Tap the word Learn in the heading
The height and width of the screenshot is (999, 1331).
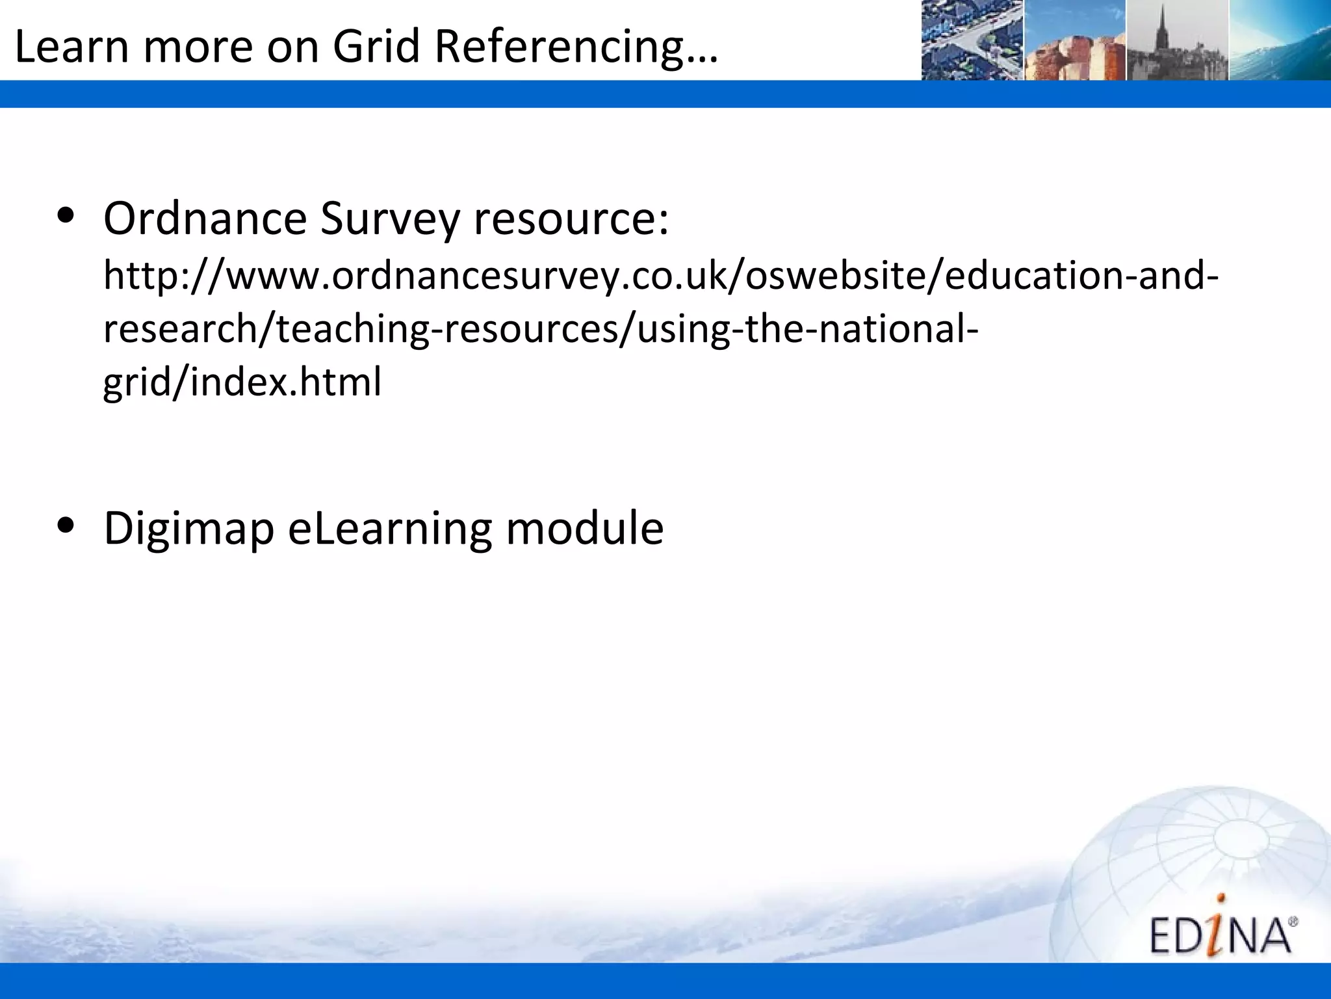[70, 47]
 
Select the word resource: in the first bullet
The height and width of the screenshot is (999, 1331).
[571, 220]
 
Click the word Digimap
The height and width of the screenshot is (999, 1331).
[188, 528]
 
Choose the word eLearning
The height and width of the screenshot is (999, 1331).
[389, 528]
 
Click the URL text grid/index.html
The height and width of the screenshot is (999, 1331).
[242, 382]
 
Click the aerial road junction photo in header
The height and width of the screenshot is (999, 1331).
[972, 40]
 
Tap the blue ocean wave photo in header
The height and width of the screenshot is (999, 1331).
[1279, 40]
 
